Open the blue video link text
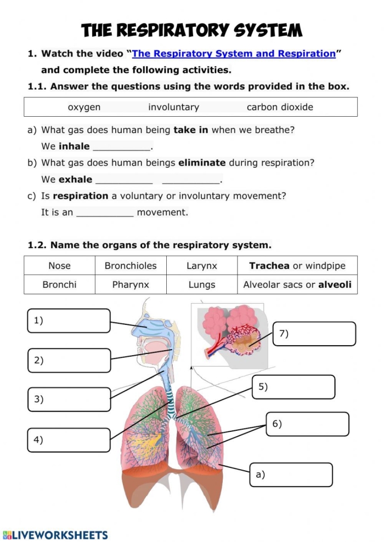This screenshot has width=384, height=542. pyautogui.click(x=234, y=54)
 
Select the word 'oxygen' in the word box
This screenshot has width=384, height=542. pyautogui.click(x=84, y=107)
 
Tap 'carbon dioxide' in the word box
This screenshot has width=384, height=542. pyautogui.click(x=280, y=107)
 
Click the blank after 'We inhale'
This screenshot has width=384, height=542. pyautogui.click(x=122, y=146)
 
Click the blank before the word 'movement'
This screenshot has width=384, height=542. pyautogui.click(x=105, y=212)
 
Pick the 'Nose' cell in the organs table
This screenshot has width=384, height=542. pyautogui.click(x=59, y=266)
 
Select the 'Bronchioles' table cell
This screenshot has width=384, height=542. pyautogui.click(x=131, y=266)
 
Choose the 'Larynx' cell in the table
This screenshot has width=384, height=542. pyautogui.click(x=202, y=266)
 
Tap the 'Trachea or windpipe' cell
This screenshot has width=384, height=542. pyautogui.click(x=297, y=266)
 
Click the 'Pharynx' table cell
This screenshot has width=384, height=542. pyautogui.click(x=131, y=284)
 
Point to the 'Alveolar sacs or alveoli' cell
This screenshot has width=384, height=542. pyautogui.click(x=297, y=284)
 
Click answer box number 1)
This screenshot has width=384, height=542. pyautogui.click(x=69, y=321)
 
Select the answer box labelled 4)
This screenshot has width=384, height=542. pyautogui.click(x=69, y=440)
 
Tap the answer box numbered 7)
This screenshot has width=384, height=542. pyautogui.click(x=314, y=334)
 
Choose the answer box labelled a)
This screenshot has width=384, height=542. pyautogui.click(x=291, y=475)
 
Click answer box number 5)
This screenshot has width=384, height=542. pyautogui.click(x=293, y=387)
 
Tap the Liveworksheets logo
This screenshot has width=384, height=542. pyautogui.click(x=55, y=535)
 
